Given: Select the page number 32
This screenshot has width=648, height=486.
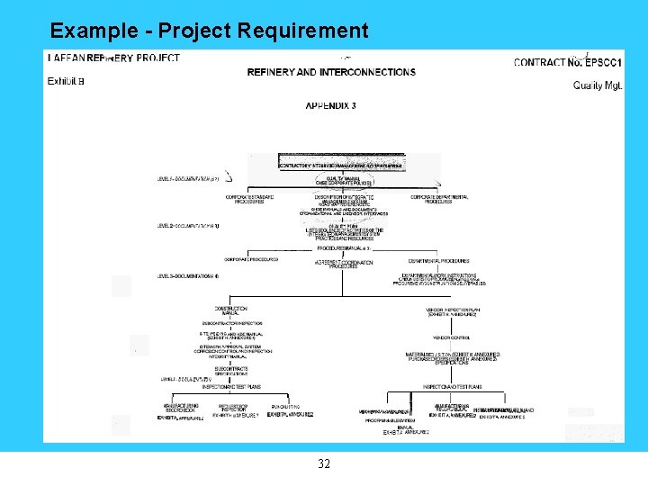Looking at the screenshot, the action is pos(324,464).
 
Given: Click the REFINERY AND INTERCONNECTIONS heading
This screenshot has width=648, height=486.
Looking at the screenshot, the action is pos(331,72).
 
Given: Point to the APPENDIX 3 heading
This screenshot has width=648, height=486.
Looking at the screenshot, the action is pos(330,105).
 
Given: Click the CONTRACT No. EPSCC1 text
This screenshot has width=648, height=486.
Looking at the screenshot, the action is pos(568,62).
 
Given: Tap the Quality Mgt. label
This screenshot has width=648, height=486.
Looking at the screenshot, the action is pos(598,85).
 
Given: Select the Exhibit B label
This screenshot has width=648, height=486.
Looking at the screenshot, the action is pos(66,81).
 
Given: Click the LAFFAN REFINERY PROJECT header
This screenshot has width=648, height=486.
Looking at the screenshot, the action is pos(113,58).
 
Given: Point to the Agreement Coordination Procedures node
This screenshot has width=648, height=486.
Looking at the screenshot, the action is pos(343,263).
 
